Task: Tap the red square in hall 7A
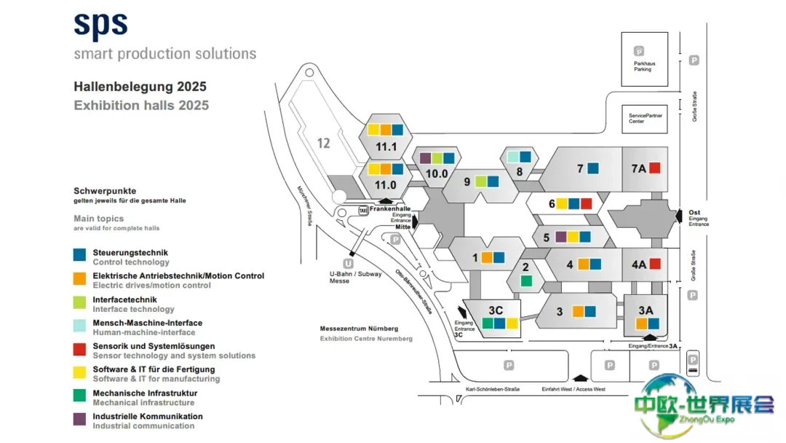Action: (x=654, y=168)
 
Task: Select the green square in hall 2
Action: (x=525, y=281)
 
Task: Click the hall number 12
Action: (x=323, y=144)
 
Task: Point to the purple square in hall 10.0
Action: (x=426, y=157)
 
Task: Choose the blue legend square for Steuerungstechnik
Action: (x=80, y=255)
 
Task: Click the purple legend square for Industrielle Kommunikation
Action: (x=80, y=419)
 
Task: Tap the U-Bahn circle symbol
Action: (x=348, y=263)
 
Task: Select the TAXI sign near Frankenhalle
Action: (x=362, y=211)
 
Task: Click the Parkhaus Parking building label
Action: (x=643, y=66)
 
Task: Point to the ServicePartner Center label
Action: (x=646, y=118)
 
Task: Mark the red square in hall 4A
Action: (x=654, y=264)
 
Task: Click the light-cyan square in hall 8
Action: (x=513, y=157)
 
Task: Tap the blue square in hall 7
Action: (x=593, y=168)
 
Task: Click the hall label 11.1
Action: (x=386, y=146)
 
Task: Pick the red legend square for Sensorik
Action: (x=80, y=348)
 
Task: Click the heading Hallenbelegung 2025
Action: (x=140, y=87)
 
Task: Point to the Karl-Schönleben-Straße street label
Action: (x=493, y=389)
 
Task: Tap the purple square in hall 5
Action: (x=561, y=236)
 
